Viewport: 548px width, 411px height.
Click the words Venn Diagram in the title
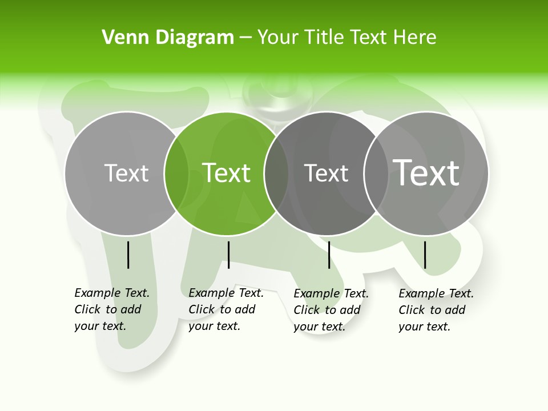click(x=168, y=37)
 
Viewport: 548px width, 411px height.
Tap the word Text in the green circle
click(x=227, y=172)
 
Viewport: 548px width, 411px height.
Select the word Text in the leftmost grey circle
click(x=127, y=172)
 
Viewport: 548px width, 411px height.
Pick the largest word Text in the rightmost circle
click(x=426, y=172)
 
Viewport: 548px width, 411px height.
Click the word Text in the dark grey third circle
click(x=326, y=173)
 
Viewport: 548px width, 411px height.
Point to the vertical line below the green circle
click(x=228, y=255)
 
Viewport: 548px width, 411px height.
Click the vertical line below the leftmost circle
click(x=128, y=255)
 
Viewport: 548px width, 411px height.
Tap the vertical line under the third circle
click(x=329, y=255)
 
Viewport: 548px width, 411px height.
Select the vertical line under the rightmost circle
click(x=425, y=255)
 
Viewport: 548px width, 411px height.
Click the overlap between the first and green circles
click(x=176, y=173)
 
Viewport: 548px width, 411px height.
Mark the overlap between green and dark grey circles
click(x=276, y=173)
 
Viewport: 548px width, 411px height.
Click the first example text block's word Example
click(x=98, y=293)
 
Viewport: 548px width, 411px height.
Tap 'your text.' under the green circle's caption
click(x=214, y=326)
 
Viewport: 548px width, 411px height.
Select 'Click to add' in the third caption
click(x=327, y=310)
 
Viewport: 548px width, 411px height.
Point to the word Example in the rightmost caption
click(x=422, y=293)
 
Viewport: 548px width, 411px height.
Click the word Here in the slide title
click(x=418, y=37)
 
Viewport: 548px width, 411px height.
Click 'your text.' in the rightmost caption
click(x=424, y=327)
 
